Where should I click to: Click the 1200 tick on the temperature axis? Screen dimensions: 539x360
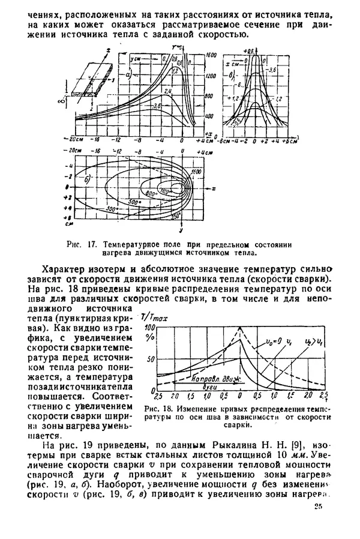[209, 77]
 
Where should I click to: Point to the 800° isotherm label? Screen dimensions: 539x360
[150, 193]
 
